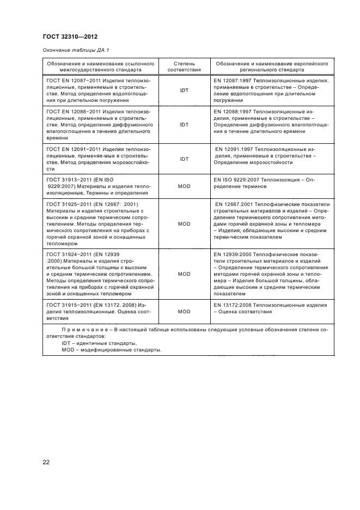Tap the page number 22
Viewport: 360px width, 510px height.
tap(46, 462)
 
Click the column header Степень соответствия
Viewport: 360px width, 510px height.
tap(184, 67)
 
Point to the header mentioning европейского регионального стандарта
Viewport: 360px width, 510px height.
tap(271, 67)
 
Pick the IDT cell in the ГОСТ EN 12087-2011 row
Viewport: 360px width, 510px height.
tap(184, 90)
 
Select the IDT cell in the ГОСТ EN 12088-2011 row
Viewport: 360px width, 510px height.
tap(184, 125)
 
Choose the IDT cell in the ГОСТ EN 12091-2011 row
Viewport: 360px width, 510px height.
tap(184, 159)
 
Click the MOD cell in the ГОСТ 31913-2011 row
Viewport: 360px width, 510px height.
tap(184, 186)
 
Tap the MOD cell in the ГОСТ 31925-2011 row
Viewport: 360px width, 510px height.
tap(184, 223)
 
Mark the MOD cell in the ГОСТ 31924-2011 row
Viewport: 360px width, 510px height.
tap(184, 274)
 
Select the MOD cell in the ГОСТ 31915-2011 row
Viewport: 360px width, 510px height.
tap(184, 312)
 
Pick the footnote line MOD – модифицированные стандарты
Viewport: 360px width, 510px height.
tap(112, 350)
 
